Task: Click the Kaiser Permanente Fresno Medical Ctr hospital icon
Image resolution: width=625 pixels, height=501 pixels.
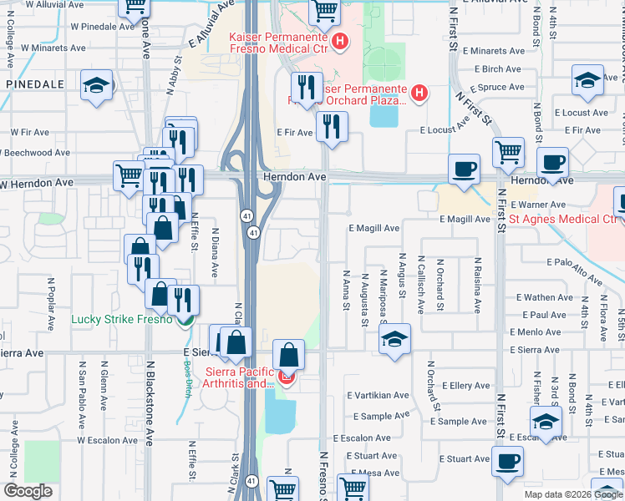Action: click(340, 41)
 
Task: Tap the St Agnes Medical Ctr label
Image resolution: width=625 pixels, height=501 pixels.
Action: click(563, 220)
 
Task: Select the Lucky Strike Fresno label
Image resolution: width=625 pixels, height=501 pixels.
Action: click(121, 319)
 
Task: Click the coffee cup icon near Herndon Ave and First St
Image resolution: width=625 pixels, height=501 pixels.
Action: click(465, 170)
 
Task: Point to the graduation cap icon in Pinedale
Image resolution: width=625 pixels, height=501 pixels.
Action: click(97, 85)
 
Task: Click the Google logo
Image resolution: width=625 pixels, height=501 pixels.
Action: click(28, 491)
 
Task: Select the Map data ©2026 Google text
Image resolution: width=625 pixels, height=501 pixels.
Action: click(572, 494)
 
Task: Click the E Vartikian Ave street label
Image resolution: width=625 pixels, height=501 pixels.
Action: click(380, 395)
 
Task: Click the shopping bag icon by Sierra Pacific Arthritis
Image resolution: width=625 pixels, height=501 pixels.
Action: click(288, 355)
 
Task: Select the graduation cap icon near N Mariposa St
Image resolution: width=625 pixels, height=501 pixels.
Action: click(395, 339)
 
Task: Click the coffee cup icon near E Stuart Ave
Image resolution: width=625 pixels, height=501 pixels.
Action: click(506, 461)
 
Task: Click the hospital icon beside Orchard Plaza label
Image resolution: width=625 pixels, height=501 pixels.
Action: click(419, 94)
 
